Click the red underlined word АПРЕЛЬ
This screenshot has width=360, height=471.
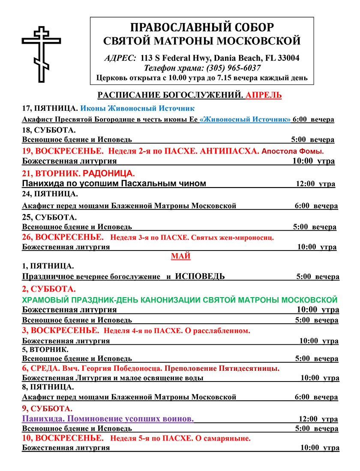(x=264, y=95)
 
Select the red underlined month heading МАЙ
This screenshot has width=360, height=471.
(x=180, y=256)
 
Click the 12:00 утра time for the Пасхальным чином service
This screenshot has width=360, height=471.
(x=315, y=184)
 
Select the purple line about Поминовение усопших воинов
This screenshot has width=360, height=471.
(x=108, y=418)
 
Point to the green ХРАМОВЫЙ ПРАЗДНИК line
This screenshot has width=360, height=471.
(x=180, y=299)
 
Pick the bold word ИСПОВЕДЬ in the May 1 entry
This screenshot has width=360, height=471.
(x=200, y=277)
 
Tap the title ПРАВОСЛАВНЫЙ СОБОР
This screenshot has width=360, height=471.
(x=201, y=28)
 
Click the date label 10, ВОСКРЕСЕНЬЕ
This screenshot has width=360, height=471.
(x=63, y=438)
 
